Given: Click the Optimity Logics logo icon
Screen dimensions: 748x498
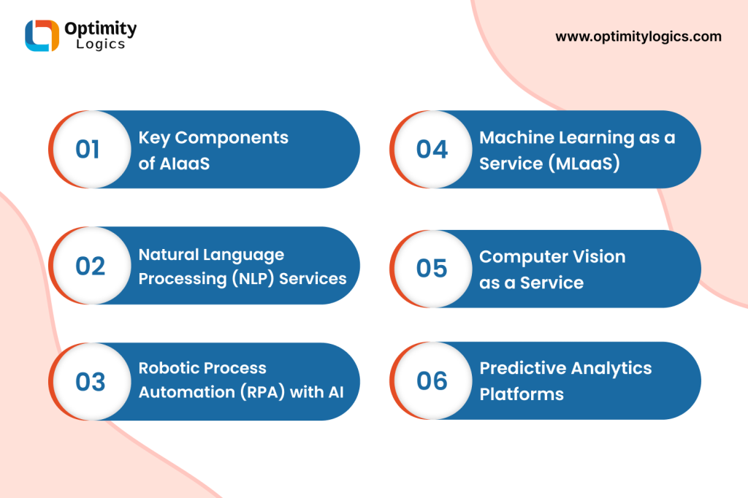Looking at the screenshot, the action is [42, 35].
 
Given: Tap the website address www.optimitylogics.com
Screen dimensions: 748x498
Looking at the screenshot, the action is [638, 37].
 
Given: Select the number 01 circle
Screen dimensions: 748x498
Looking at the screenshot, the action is [91, 149].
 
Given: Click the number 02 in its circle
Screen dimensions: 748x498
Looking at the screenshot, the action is [90, 266].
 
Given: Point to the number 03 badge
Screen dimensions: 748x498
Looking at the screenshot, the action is [91, 382].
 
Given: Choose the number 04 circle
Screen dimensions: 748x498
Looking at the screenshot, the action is [432, 149].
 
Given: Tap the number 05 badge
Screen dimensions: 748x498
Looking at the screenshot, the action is [432, 269].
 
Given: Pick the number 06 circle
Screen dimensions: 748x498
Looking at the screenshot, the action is [432, 380].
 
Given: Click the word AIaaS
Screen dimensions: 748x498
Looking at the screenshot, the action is [184, 164].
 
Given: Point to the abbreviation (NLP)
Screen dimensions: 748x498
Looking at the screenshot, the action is [253, 279].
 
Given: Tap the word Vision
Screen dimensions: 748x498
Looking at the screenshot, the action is [599, 256].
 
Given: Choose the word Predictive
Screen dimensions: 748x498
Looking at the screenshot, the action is [522, 368].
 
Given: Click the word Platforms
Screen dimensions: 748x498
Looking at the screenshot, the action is [522, 394].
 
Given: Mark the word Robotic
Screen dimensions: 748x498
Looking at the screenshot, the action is [164, 368].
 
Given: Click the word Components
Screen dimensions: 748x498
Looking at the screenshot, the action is [232, 138].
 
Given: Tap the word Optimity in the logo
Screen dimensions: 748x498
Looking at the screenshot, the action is [101, 29].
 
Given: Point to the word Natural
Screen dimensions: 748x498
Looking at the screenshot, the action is [169, 255].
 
